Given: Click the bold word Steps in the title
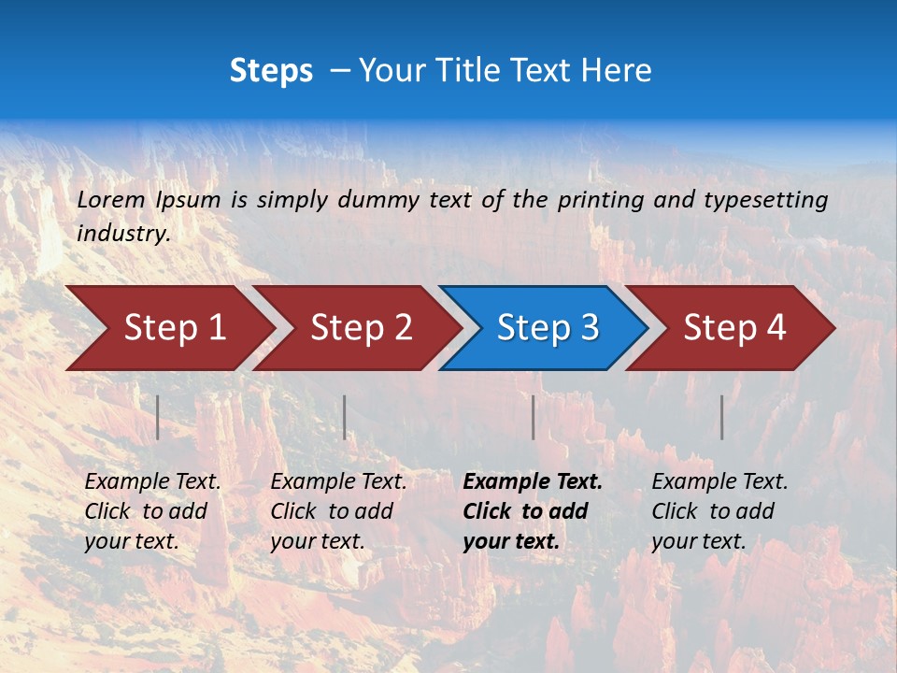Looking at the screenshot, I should click(x=271, y=71).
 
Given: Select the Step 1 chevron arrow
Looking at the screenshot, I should click(x=174, y=328).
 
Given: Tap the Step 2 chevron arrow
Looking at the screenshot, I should click(x=361, y=328).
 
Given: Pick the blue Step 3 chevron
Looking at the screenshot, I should click(x=548, y=328).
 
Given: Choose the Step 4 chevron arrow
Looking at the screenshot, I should click(x=734, y=328).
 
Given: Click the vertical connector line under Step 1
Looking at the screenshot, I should click(x=158, y=417).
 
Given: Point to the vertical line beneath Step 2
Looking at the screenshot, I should click(x=345, y=417).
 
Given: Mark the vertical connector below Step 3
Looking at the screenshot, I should click(x=534, y=417).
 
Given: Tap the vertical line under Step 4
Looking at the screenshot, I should click(x=722, y=417).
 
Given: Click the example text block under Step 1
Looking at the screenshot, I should click(x=152, y=511).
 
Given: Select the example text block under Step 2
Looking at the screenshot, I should click(x=338, y=511).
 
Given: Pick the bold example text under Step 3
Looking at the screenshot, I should click(x=533, y=511).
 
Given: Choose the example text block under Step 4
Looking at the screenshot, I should click(x=719, y=511).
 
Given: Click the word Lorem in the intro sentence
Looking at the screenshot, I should click(x=111, y=199).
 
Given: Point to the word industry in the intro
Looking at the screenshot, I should click(x=123, y=233).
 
